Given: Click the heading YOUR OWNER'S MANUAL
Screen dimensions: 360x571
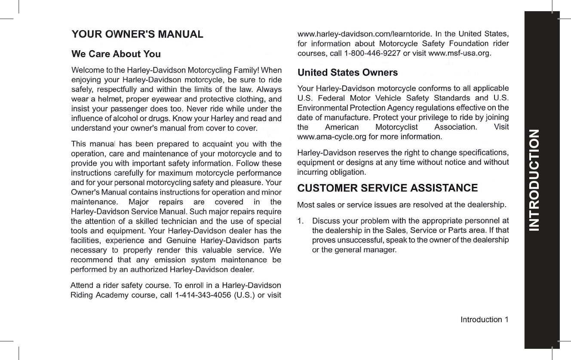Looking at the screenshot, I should (137, 34).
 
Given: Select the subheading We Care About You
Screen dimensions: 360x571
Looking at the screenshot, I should (116, 54).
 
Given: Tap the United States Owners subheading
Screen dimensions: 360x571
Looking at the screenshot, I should (347, 73).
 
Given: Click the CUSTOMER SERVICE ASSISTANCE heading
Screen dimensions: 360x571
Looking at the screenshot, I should (387, 188).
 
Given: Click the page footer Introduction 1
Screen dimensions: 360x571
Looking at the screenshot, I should (484, 320).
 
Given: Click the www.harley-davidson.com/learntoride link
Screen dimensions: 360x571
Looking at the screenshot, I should (364, 34).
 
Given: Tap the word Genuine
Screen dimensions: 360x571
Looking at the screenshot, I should (181, 241).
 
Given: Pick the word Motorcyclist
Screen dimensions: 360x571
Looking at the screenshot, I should (396, 127).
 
